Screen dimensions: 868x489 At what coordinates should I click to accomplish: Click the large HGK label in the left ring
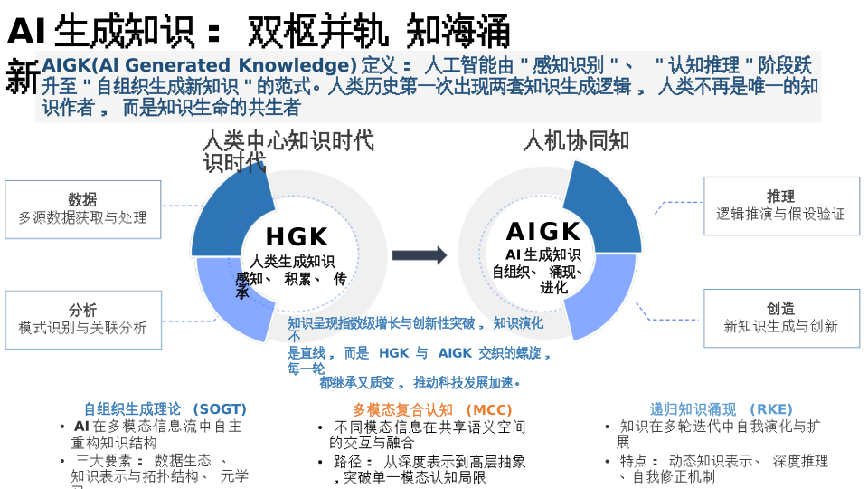pos(297,237)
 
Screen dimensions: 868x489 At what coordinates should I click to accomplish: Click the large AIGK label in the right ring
pos(543,232)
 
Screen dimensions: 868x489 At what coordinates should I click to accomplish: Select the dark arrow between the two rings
pos(420,255)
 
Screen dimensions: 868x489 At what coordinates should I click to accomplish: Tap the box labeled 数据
pos(83,209)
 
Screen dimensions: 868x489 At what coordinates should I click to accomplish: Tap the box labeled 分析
pos(83,320)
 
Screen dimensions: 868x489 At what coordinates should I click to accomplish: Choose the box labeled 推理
pos(781,206)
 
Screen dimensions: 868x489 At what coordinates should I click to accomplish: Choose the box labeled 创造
pos(781,318)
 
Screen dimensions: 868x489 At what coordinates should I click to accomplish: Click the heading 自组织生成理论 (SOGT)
pos(165,409)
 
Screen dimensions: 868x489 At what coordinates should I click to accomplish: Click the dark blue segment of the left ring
pos(230,213)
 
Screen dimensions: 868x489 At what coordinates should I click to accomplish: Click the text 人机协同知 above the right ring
pos(576,141)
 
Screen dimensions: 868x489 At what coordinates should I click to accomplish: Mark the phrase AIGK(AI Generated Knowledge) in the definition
pos(199,65)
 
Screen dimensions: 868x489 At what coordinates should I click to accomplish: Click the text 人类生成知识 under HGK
pos(292,262)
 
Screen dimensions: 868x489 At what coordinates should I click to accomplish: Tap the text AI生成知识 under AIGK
pos(542,254)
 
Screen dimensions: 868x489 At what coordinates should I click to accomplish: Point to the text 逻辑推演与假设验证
pos(781,215)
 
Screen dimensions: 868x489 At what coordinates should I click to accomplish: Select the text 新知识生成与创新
pos(781,326)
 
